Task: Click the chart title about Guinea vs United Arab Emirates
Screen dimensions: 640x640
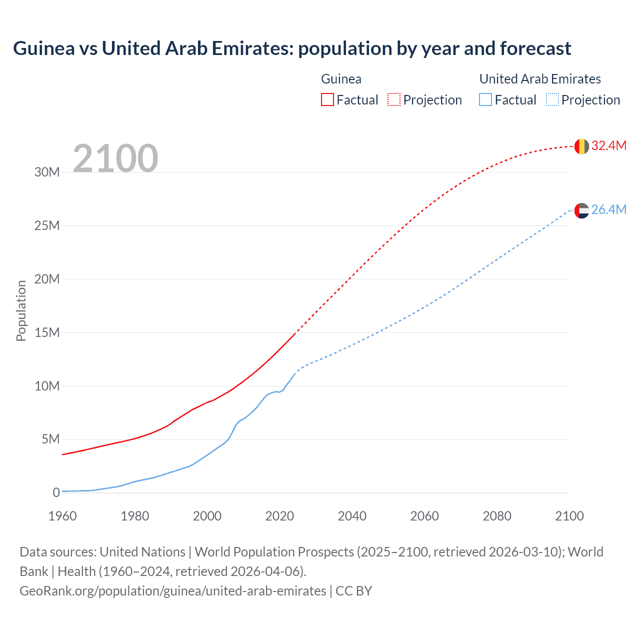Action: pos(292,48)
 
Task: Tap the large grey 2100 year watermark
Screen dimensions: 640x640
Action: pos(115,158)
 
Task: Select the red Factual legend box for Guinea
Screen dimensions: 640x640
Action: pos(327,100)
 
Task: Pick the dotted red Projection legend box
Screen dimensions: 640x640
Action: pos(394,100)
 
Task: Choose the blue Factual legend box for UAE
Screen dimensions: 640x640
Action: pos(485,100)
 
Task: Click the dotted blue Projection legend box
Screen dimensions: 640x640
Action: pos(552,100)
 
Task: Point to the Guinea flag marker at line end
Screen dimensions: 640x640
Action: pos(581,146)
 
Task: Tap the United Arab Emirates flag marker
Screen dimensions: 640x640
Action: pos(581,210)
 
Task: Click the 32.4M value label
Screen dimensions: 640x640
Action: pos(608,145)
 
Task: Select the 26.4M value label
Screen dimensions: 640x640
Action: pos(608,209)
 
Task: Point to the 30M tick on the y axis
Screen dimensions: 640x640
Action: pos(47,172)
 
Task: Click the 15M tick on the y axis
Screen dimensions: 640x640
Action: pos(47,332)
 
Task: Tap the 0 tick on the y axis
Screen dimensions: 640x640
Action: pos(56,493)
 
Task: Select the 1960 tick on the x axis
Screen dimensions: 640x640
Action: pos(62,516)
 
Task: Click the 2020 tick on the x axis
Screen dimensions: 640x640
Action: pos(279,516)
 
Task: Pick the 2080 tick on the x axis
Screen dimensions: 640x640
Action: pos(497,516)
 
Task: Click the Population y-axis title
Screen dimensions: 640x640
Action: pos(21,310)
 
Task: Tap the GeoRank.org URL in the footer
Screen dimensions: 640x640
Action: pos(172,591)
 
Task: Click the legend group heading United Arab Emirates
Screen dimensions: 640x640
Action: pos(540,79)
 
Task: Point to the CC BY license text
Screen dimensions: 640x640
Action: pos(354,591)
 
